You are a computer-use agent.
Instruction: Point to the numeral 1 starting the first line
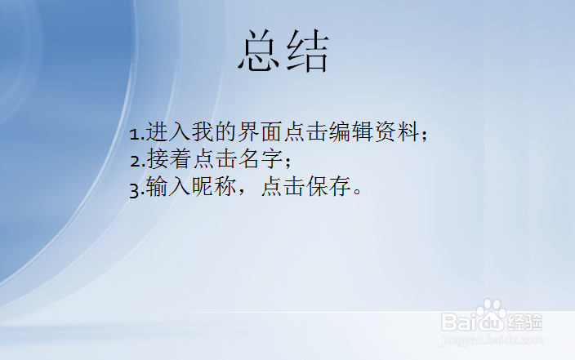tap(135, 133)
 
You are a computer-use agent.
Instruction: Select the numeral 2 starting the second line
tap(135, 160)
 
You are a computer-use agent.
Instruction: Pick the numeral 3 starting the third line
tap(135, 189)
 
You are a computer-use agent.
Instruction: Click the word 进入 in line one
tap(168, 132)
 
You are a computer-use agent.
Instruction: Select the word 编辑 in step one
tap(351, 132)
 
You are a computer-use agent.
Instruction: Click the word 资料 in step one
tap(397, 132)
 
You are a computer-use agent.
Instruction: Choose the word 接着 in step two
tap(168, 159)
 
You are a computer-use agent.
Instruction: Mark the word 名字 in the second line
tap(260, 159)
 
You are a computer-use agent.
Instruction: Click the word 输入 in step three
tap(168, 188)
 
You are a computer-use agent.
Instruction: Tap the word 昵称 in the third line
tap(214, 188)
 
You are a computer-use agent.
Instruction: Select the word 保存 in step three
tap(328, 188)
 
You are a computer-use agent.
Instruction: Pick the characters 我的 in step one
tap(214, 132)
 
